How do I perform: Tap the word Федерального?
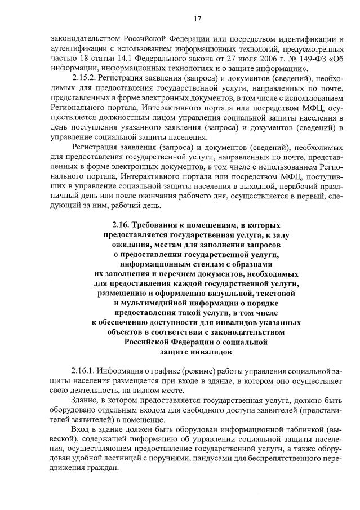[174, 57]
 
